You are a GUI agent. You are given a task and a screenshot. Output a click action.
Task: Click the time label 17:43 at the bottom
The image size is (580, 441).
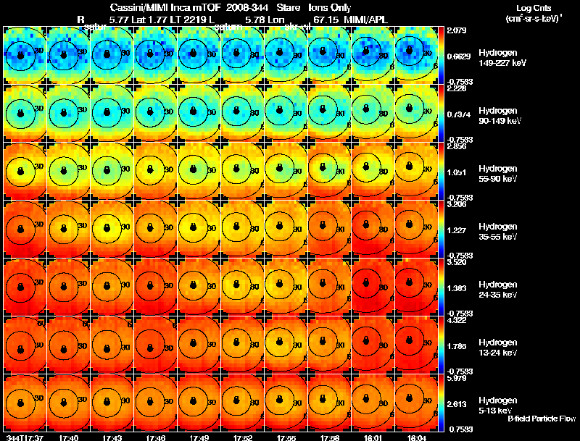click(x=112, y=437)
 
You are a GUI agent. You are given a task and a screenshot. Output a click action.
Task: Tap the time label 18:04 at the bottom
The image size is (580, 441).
click(x=416, y=437)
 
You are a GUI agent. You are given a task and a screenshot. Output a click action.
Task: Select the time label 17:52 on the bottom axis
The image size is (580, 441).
click(x=242, y=437)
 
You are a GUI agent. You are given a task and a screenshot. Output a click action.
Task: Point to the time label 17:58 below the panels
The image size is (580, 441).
click(x=329, y=437)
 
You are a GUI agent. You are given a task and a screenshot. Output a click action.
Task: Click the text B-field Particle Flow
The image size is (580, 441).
click(x=542, y=419)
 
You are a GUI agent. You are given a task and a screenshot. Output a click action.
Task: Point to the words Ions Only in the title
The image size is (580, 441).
click(x=327, y=7)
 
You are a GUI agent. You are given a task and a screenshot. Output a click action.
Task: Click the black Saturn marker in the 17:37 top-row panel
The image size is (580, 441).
click(x=20, y=55)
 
